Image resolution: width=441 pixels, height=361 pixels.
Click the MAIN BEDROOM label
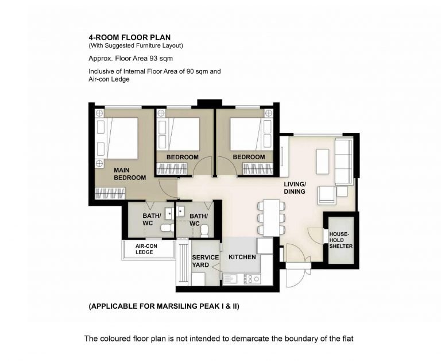(130, 174)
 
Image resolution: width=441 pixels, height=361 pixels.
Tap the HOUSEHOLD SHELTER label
(341, 240)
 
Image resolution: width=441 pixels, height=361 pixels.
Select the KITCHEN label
(242, 257)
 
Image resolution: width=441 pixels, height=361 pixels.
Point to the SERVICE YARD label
(206, 261)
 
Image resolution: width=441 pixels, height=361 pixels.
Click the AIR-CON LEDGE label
(146, 249)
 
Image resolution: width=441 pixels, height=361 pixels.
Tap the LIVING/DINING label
(295, 188)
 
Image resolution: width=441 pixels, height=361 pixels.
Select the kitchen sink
(230, 279)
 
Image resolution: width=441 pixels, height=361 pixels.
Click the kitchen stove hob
(252, 279)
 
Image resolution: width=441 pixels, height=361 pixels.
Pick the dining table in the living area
(272, 218)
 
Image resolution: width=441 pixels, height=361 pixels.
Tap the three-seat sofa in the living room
(344, 162)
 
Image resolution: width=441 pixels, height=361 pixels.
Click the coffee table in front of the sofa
(323, 162)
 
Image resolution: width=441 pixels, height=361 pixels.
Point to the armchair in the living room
(327, 195)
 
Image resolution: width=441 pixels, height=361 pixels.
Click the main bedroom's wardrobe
(110, 194)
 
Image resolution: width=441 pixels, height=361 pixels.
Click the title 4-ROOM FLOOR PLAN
(130, 37)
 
